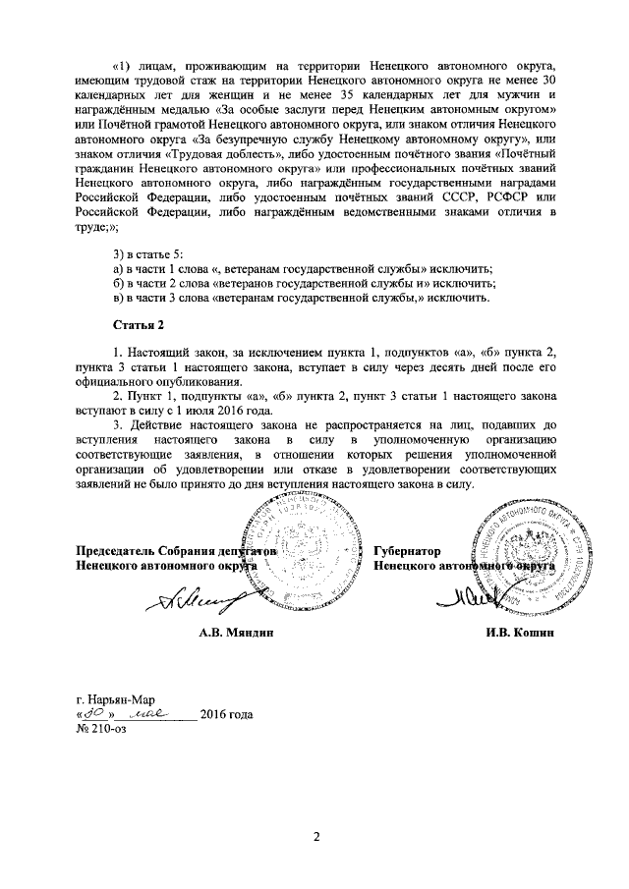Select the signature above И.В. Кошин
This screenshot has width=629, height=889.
tap(479, 593)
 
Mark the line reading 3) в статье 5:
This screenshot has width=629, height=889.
tap(149, 254)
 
